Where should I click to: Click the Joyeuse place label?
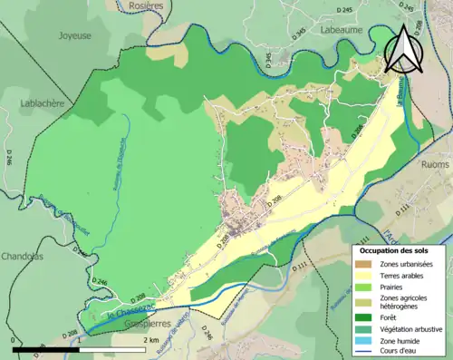click(74, 36)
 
